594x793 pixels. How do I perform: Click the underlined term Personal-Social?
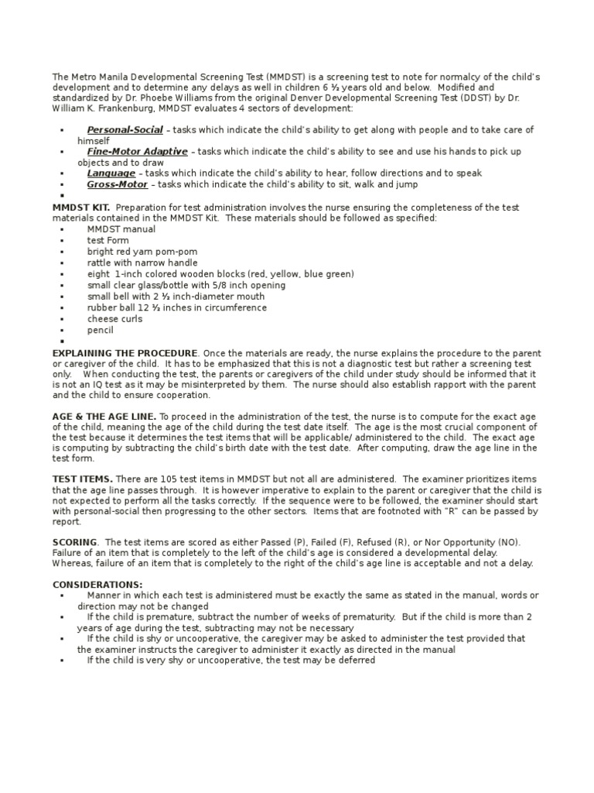(125, 129)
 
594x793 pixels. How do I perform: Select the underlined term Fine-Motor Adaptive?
(137, 152)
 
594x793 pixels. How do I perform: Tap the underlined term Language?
(111, 173)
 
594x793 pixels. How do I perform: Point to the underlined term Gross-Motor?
(118, 185)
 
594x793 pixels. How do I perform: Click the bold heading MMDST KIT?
(80, 208)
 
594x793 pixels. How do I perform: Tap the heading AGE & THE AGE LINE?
(104, 416)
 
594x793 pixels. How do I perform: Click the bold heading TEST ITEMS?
(82, 479)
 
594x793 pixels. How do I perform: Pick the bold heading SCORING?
(74, 542)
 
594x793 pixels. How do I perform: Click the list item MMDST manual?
(121, 229)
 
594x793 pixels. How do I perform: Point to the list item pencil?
(100, 330)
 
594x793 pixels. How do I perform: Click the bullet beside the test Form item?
(61, 241)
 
